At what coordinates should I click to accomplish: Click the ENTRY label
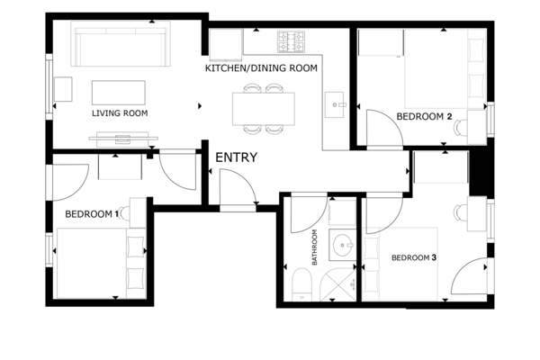coord(236,157)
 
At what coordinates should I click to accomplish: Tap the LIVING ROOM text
coord(120,113)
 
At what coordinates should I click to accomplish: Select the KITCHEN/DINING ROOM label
coord(261,68)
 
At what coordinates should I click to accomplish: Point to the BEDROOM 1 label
coord(92,214)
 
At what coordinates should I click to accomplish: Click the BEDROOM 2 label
coord(424,116)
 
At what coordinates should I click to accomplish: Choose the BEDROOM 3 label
coord(414,257)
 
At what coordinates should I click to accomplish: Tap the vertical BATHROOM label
coord(314,247)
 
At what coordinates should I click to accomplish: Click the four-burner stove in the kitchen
coord(291,41)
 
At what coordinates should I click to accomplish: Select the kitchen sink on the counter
coord(335,104)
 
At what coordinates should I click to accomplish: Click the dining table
coord(264,109)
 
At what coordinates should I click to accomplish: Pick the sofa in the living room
coord(121,44)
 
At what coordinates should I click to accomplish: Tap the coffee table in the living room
coord(119,93)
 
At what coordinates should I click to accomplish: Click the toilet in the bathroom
coord(301,284)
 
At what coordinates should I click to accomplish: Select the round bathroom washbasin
coord(342,245)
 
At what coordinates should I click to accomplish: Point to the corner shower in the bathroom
coord(337,284)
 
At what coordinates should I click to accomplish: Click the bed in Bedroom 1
coord(101,263)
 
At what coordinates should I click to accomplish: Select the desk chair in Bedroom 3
coord(462,212)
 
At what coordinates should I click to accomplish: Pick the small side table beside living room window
coord(63,89)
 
